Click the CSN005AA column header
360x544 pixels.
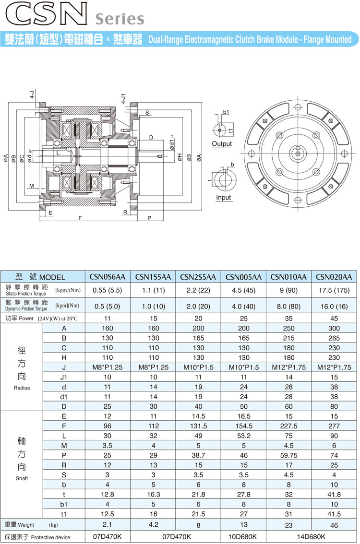[x=243, y=277]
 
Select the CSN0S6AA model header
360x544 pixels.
[x=108, y=277]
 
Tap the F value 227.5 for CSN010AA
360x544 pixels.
[x=288, y=426]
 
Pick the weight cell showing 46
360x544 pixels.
[x=334, y=525]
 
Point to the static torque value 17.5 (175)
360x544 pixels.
[x=334, y=290]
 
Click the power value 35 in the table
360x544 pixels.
[x=288, y=318]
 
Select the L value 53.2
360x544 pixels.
[x=243, y=436]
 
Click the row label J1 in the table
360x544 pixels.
[x=64, y=377]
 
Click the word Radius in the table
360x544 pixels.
[x=22, y=388]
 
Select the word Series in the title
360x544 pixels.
[x=120, y=19]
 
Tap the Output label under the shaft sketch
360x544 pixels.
[x=221, y=144]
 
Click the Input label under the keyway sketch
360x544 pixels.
[x=223, y=197]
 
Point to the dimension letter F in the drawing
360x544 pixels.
[x=80, y=218]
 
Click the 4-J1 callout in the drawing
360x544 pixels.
[x=123, y=99]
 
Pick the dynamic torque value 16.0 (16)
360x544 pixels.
[x=334, y=305]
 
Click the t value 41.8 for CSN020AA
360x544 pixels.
[x=334, y=495]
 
